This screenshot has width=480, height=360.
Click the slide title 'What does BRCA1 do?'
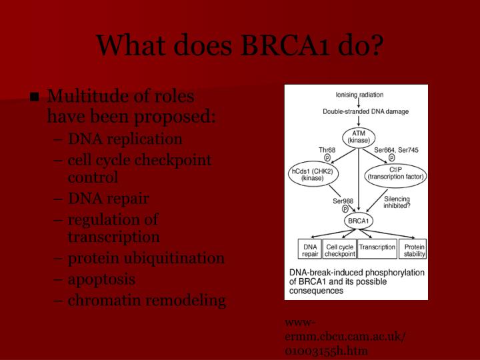tap(240, 45)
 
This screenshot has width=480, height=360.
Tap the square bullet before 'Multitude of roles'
tap(35, 98)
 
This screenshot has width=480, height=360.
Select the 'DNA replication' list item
tap(125, 139)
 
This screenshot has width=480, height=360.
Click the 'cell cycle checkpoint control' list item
tap(139, 169)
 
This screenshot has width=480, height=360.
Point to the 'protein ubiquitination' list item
tap(146, 258)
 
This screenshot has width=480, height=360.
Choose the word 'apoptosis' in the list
tap(101, 279)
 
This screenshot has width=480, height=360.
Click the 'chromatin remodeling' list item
tap(147, 300)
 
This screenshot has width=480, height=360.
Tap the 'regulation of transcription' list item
tap(113, 228)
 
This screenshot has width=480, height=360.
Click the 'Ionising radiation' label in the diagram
tap(359, 95)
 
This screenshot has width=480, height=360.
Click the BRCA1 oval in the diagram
tap(359, 220)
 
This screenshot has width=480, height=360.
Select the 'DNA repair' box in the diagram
tap(309, 250)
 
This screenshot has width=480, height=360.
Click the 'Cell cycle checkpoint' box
tap(339, 250)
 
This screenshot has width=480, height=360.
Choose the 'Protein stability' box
tap(413, 250)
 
